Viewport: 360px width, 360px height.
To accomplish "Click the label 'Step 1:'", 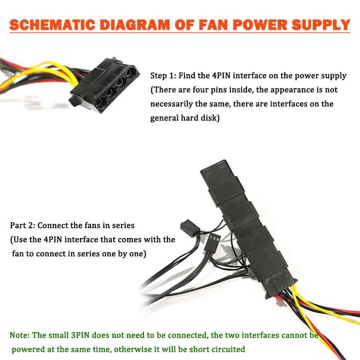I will tap(162, 76).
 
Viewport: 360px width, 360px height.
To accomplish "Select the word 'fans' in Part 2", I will tap(89, 225).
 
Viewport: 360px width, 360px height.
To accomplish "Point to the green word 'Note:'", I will tap(20, 335).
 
